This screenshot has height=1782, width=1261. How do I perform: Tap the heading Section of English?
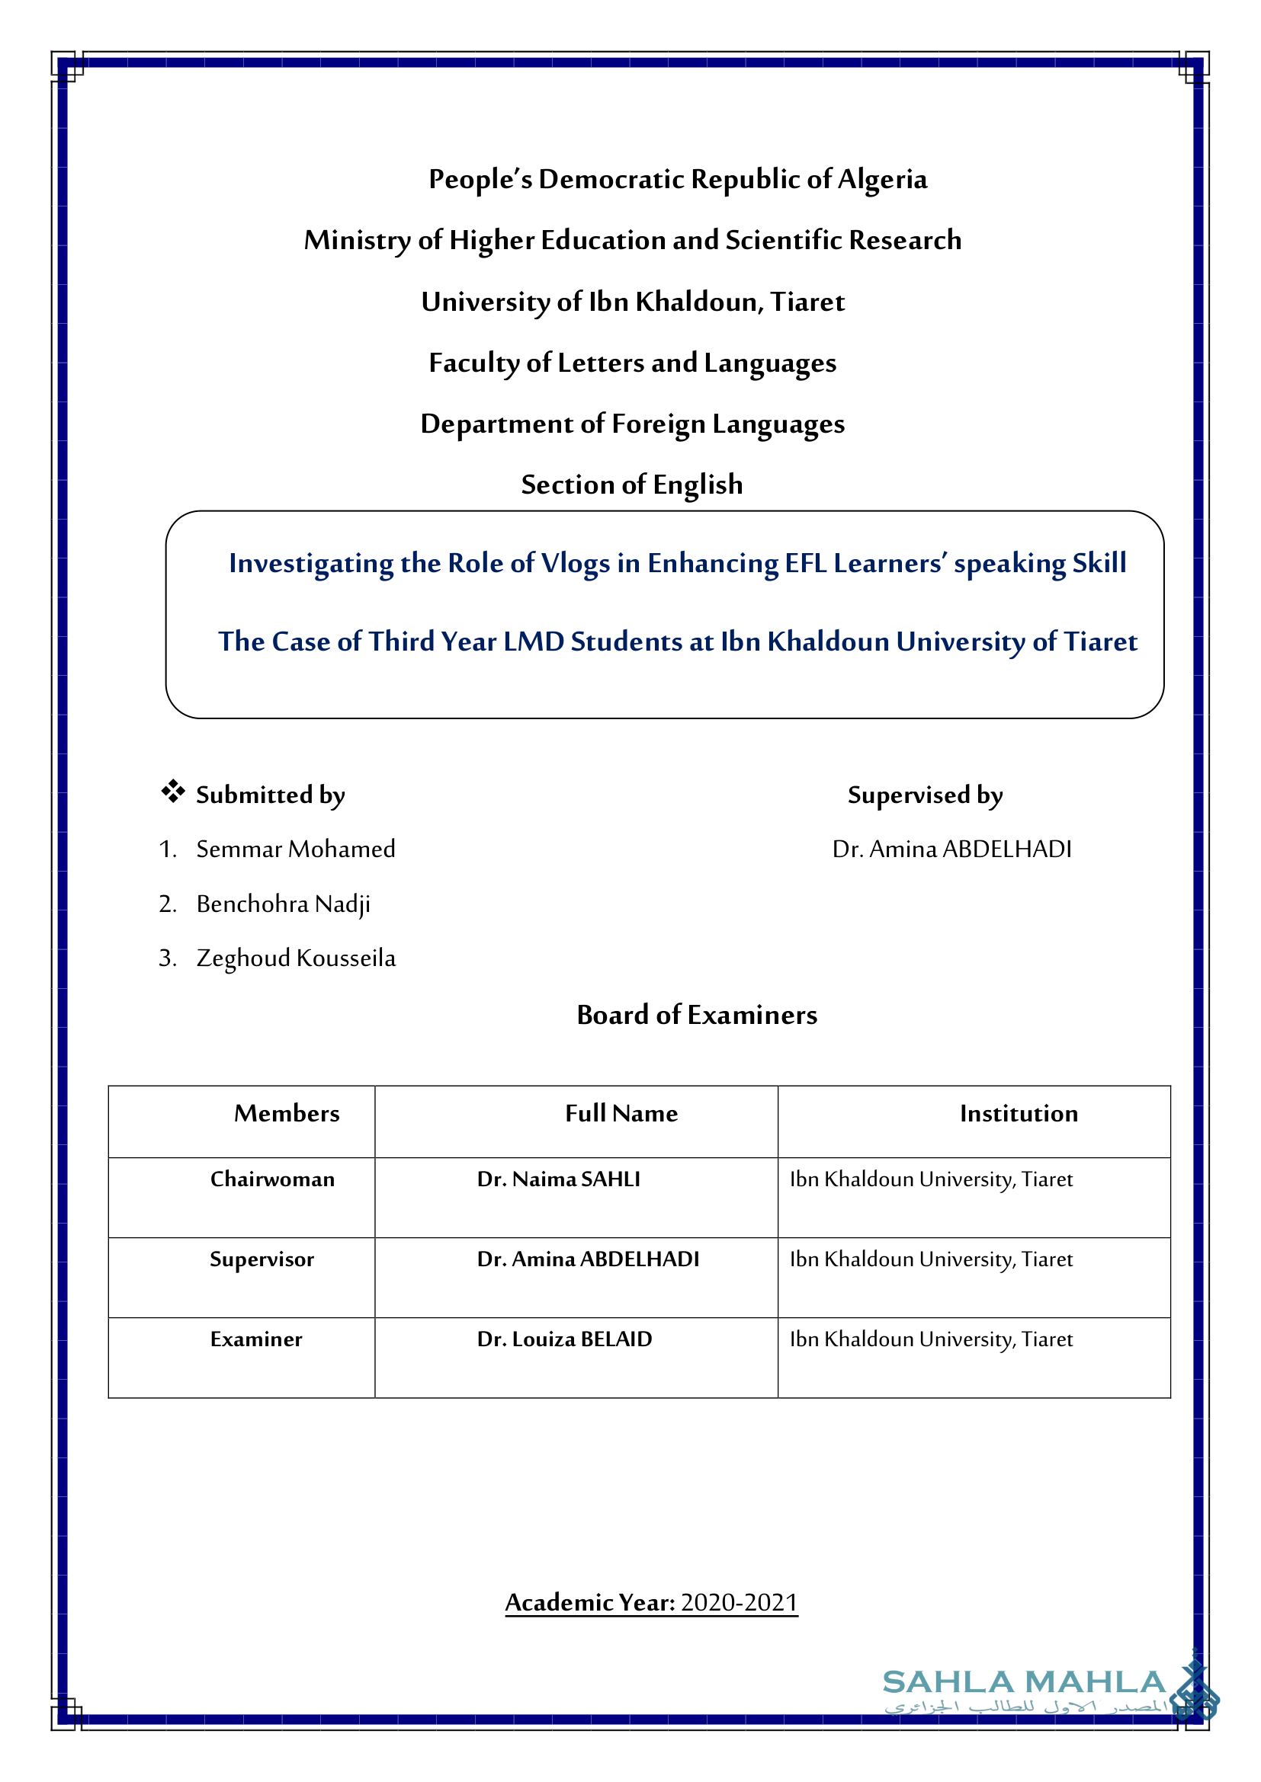point(631,485)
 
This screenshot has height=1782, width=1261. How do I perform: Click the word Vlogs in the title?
point(575,564)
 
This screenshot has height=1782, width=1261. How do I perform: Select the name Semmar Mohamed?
point(295,849)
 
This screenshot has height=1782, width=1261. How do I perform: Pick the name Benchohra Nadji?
point(283,904)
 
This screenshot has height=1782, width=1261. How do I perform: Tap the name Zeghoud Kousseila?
point(295,958)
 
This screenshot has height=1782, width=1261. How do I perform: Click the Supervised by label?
point(925,795)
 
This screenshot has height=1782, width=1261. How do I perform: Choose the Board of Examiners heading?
point(697,1015)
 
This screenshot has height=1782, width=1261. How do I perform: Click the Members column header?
point(287,1114)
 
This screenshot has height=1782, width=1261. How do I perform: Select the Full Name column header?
point(621,1114)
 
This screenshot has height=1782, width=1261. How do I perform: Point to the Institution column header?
point(1019,1114)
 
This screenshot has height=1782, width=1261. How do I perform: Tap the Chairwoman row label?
point(271,1179)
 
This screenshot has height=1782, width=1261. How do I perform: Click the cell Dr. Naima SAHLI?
point(558,1179)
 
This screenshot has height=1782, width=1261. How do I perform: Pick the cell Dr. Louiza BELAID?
point(564,1339)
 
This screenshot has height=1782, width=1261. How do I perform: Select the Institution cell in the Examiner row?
point(931,1339)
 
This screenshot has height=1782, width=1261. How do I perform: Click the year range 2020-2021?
point(740,1603)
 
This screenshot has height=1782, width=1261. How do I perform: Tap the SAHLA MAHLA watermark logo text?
point(1023,1682)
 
